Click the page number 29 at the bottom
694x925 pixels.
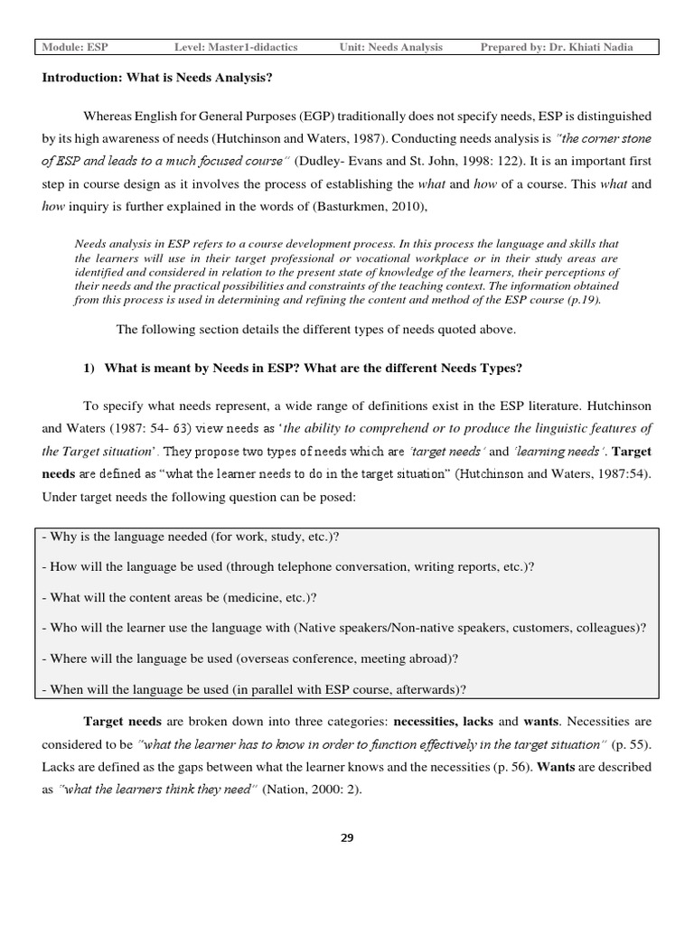coord(347,837)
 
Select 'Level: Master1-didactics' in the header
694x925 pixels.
coord(236,47)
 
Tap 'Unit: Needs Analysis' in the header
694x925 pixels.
coord(391,47)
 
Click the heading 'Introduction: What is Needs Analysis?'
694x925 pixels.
coord(157,78)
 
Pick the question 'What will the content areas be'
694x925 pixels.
coord(179,598)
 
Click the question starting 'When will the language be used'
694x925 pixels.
coord(254,689)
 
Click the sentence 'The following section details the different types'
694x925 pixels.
coord(315,330)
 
